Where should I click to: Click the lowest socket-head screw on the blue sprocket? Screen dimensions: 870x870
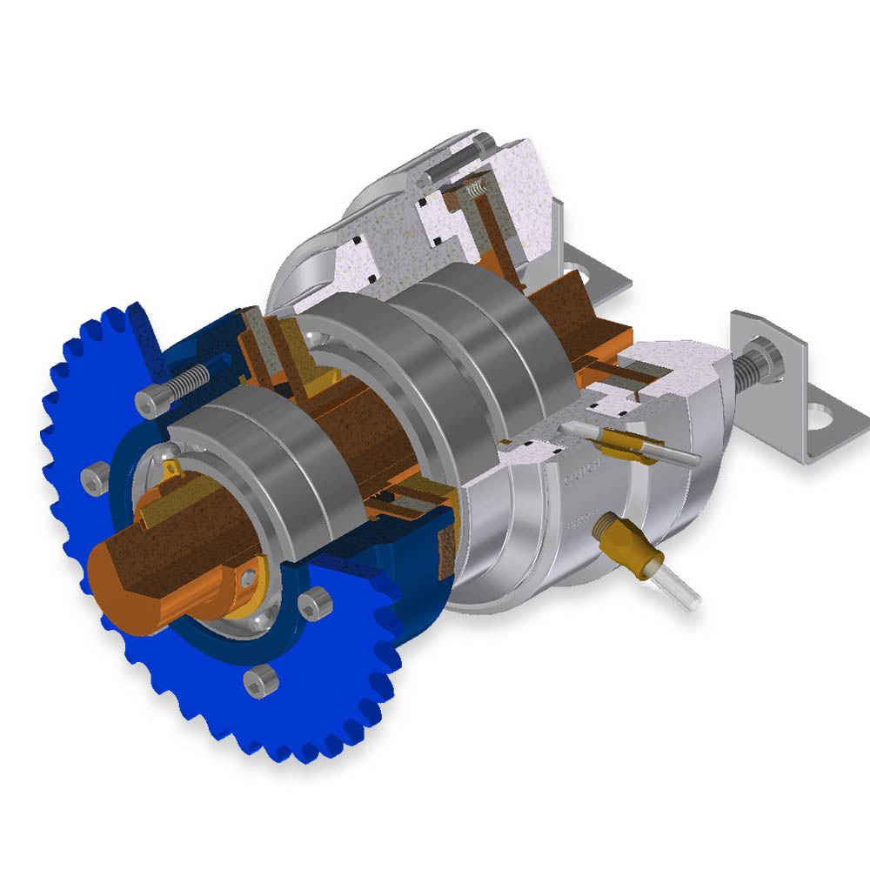pos(255,679)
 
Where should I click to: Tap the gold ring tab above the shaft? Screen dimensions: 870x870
pos(171,469)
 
